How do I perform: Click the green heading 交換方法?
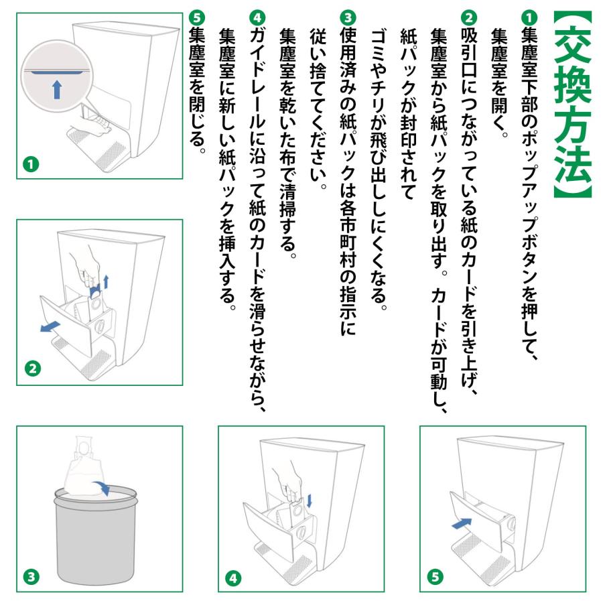click(x=572, y=104)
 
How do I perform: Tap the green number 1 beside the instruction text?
click(x=529, y=17)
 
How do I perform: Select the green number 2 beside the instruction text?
click(x=469, y=17)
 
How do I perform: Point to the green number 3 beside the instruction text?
click(x=348, y=17)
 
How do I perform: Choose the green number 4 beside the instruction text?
click(x=257, y=17)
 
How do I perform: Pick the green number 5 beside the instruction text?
click(x=197, y=17)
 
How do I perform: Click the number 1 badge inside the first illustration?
click(x=31, y=165)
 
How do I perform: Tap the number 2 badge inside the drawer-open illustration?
click(x=33, y=368)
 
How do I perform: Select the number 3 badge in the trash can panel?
click(x=31, y=576)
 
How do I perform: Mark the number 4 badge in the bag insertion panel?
click(x=233, y=578)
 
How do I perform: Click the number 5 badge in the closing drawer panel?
click(x=435, y=576)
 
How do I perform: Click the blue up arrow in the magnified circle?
click(x=57, y=90)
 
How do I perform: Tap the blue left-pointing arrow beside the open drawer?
click(x=50, y=326)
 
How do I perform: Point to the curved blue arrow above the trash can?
click(x=102, y=487)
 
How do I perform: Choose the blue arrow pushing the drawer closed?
click(x=462, y=523)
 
